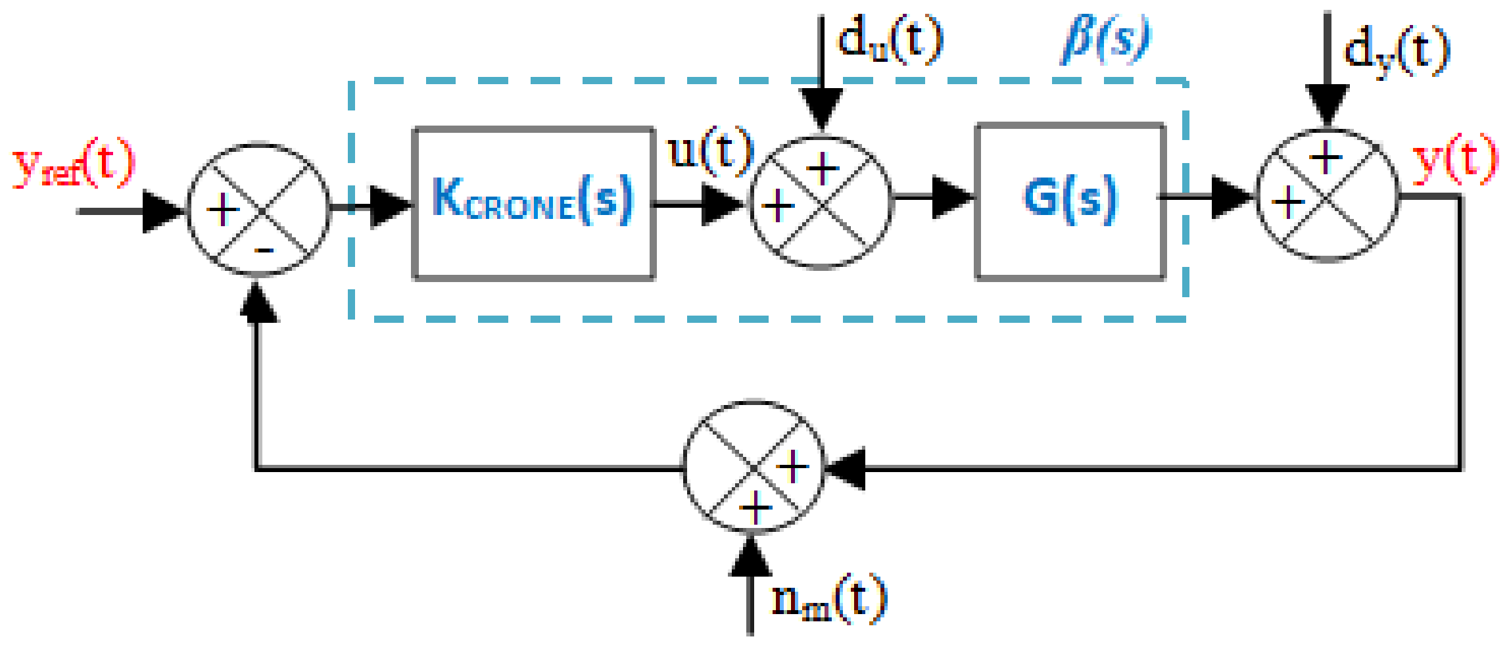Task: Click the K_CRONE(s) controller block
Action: [x=533, y=203]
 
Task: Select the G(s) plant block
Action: [x=1070, y=200]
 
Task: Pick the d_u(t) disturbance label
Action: [x=890, y=39]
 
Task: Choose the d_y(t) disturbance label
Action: [x=1396, y=51]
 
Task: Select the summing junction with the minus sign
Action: [x=258, y=210]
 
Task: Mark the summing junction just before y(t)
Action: [x=1328, y=195]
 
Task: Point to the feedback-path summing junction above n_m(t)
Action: [x=754, y=468]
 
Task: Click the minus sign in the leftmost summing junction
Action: [x=264, y=251]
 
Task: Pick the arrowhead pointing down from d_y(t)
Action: [x=1328, y=105]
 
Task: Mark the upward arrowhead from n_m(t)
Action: [x=750, y=558]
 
